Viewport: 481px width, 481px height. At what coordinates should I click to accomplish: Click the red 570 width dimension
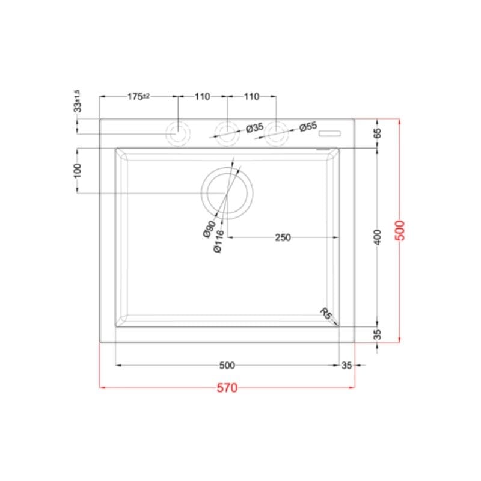(x=227, y=388)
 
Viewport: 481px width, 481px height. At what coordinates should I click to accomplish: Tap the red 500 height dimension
(x=400, y=230)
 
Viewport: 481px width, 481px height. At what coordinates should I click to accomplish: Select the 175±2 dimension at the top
(x=138, y=96)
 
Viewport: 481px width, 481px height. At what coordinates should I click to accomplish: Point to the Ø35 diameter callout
(x=254, y=127)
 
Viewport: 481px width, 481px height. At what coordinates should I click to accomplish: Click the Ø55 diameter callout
(x=308, y=126)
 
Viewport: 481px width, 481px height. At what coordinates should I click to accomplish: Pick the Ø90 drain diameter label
(x=209, y=229)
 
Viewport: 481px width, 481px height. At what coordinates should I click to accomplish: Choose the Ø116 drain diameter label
(x=219, y=242)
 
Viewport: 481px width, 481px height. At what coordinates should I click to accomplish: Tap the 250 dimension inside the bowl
(x=283, y=237)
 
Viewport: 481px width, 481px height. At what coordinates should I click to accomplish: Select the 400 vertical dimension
(x=378, y=237)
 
